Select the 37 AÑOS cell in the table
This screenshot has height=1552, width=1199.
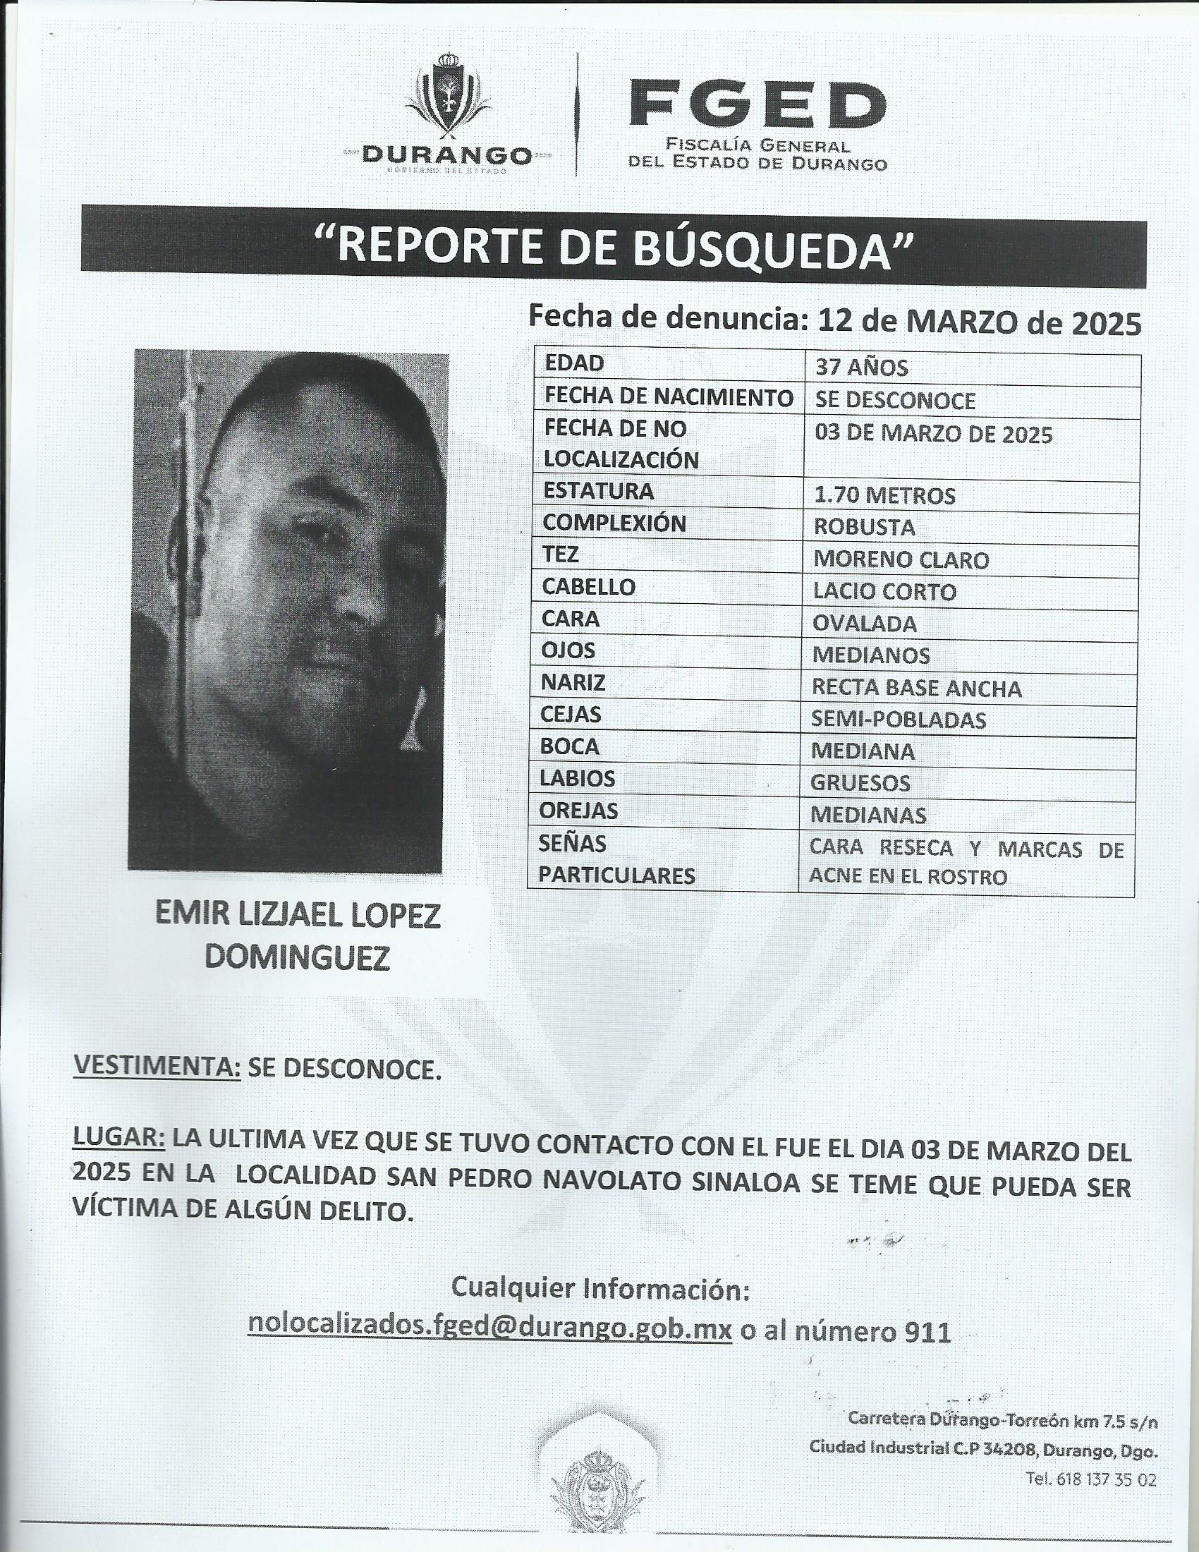point(861,368)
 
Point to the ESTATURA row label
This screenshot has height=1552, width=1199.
point(598,491)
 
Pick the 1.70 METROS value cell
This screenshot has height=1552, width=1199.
point(884,495)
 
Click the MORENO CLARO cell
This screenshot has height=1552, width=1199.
point(901,560)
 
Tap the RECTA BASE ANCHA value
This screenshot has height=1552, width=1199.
point(916,688)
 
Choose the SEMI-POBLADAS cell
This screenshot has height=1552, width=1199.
point(898,720)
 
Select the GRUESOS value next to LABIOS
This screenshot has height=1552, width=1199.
point(860,782)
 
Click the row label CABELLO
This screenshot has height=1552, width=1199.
point(588,587)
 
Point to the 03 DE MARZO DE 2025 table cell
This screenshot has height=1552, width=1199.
point(932,434)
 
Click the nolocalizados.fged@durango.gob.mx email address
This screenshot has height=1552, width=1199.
point(489,1328)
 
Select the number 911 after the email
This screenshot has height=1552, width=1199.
point(927,1329)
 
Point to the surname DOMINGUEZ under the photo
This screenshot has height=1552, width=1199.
point(297,959)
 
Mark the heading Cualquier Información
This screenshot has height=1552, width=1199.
point(600,1287)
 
